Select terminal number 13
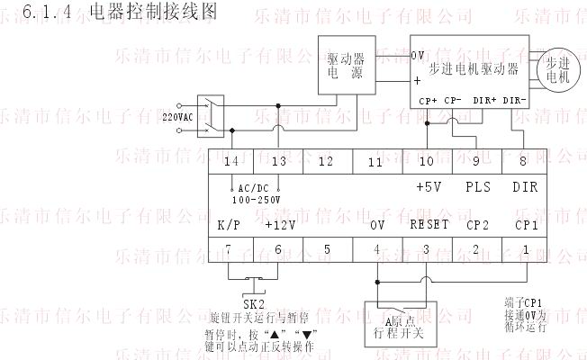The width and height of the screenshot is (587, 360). pyautogui.click(x=278, y=161)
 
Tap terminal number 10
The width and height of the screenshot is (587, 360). pyautogui.click(x=426, y=161)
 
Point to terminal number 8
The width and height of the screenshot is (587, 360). pyautogui.click(x=524, y=161)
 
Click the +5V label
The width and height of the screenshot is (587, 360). pyautogui.click(x=429, y=187)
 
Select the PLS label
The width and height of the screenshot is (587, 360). pyautogui.click(x=478, y=187)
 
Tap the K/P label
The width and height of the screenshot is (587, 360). pyautogui.click(x=229, y=225)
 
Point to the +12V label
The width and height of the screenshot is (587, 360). pyautogui.click(x=280, y=225)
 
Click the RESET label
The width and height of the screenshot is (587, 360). pyautogui.click(x=429, y=225)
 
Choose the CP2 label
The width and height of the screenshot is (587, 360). pyautogui.click(x=477, y=225)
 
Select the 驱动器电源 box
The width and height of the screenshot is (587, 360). pyautogui.click(x=346, y=66)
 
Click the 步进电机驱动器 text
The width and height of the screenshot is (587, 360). pyautogui.click(x=474, y=68)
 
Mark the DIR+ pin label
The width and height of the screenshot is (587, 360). pyautogui.click(x=484, y=100)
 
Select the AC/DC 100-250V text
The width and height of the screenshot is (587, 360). pyautogui.click(x=256, y=193)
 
